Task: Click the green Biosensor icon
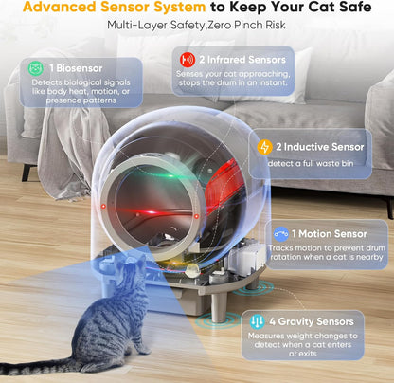pos(33,68)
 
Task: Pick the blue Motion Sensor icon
pos(279,233)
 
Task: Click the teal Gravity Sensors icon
pos(256,320)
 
